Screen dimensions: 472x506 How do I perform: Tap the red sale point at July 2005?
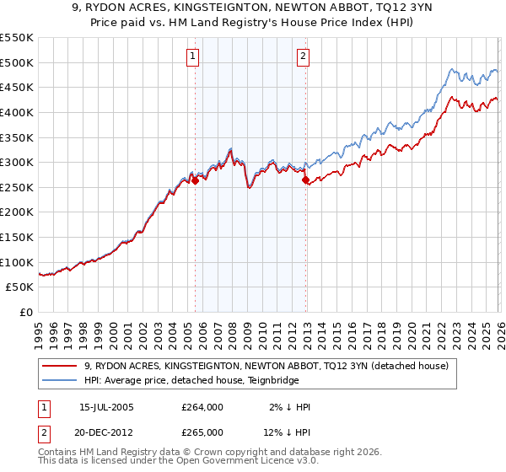[195, 180]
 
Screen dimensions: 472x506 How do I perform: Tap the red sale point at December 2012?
[305, 179]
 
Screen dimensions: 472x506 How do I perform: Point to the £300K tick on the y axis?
[17, 162]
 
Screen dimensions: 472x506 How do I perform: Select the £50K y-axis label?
[19, 287]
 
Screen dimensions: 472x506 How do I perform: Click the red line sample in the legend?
[61, 366]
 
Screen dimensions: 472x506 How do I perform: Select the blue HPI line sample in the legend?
[61, 380]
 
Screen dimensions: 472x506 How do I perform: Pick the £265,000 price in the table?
[202, 432]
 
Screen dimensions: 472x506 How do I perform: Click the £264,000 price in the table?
[202, 407]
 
